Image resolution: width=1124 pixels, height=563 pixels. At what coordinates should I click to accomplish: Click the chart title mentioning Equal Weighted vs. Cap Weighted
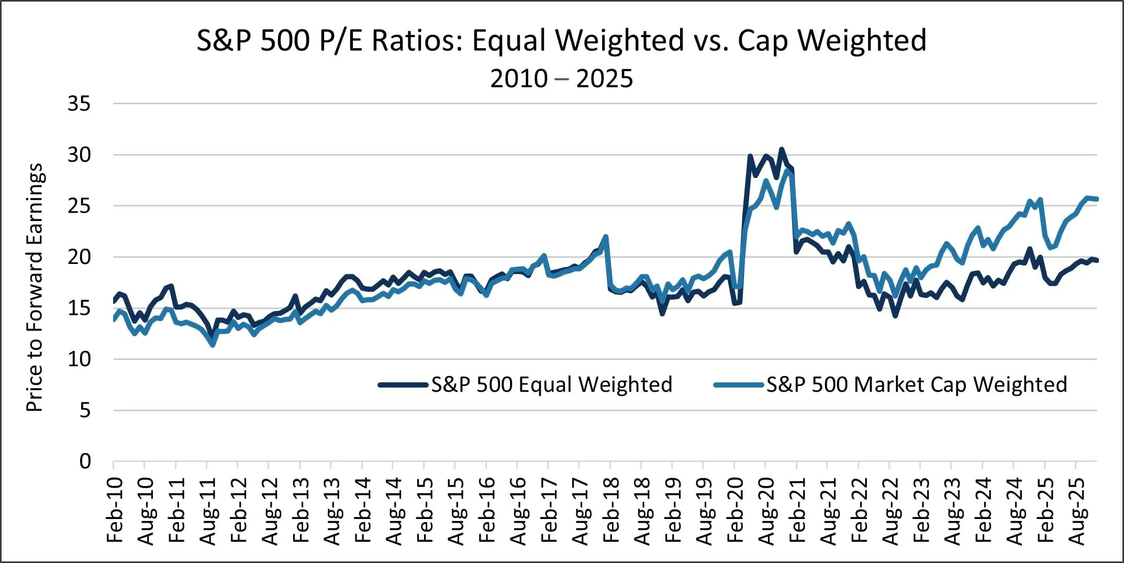coord(561,40)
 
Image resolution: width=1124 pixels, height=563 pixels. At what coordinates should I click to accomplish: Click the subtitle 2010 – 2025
coord(561,79)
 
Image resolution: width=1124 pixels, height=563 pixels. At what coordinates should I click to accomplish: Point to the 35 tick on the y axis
coord(79,104)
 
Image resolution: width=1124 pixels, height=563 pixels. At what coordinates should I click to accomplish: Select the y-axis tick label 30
coord(79,155)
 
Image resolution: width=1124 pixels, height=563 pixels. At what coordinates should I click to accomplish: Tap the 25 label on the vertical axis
coord(79,206)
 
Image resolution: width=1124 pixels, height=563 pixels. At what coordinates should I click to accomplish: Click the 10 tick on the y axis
coord(79,359)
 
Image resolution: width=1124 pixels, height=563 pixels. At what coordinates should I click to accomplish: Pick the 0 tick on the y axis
coord(85,461)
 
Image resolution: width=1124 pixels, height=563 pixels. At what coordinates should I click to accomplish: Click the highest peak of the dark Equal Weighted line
coord(782,149)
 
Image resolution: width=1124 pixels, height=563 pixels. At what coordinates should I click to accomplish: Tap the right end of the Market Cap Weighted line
coord(1097,199)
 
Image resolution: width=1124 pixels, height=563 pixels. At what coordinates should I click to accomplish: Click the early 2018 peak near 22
coord(606,237)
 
